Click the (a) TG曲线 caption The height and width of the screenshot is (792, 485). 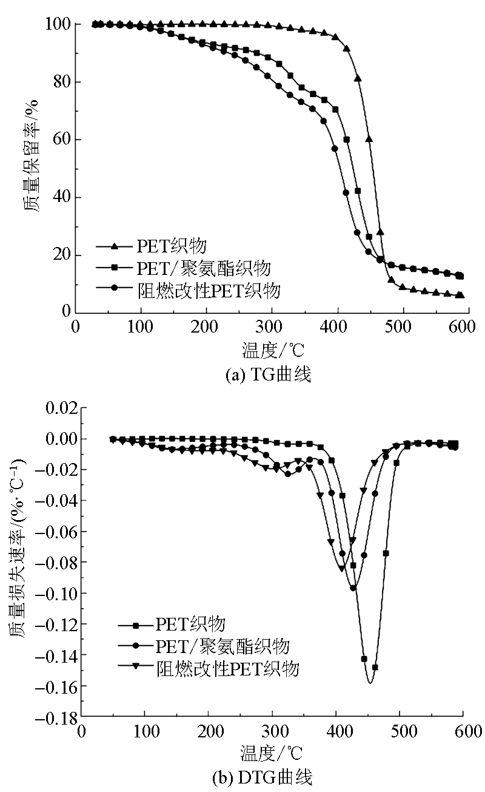[268, 376]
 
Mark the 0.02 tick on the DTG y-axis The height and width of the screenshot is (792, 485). [59, 407]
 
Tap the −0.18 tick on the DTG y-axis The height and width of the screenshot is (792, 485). [56, 717]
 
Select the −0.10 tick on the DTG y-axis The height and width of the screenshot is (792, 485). [56, 593]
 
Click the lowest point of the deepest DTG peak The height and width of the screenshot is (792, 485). [370, 683]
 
